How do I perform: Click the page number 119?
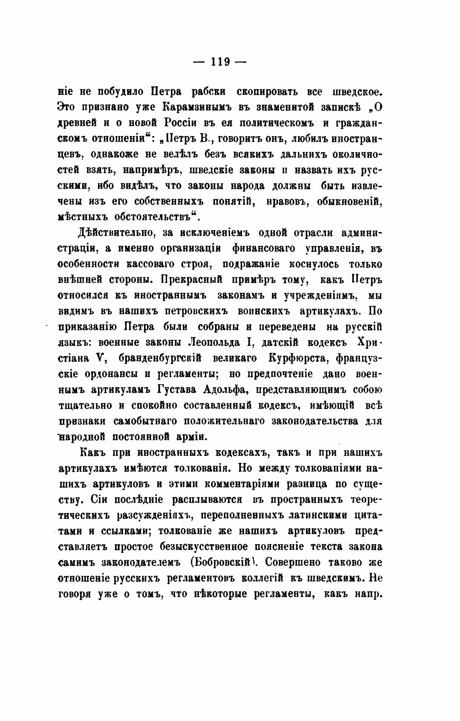[x=220, y=62]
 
